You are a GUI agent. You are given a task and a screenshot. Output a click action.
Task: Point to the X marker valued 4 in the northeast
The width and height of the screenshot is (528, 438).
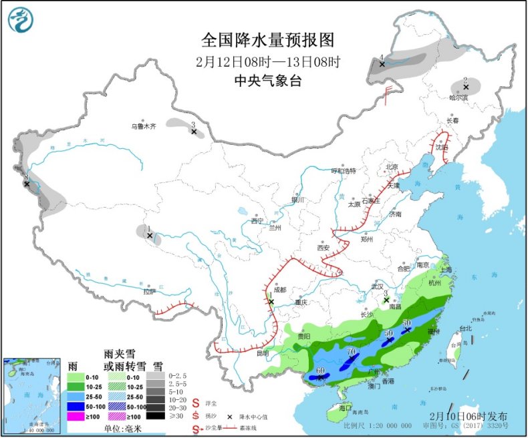click(x=382, y=64)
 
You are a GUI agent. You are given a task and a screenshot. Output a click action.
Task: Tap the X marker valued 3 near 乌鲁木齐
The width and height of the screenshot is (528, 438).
click(x=194, y=132)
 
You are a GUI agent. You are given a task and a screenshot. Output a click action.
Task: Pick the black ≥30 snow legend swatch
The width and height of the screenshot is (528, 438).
click(x=156, y=416)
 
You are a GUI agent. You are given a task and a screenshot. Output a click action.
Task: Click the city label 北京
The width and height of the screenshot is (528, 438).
click(x=391, y=167)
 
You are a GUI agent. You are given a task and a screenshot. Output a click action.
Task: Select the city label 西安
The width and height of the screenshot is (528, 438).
click(x=324, y=248)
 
